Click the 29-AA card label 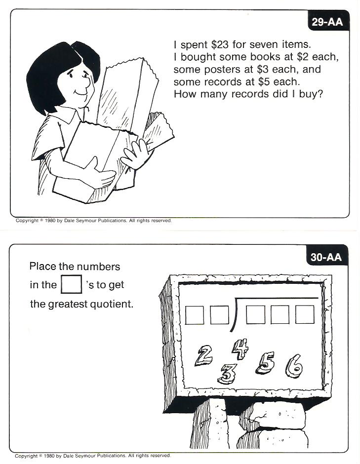[x=327, y=22]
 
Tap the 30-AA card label [x=326, y=257]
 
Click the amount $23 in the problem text [x=220, y=44]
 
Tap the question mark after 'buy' [x=319, y=94]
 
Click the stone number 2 [x=203, y=356]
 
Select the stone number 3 [x=228, y=374]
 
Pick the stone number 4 [x=240, y=349]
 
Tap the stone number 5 [x=266, y=363]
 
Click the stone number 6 [x=295, y=366]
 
